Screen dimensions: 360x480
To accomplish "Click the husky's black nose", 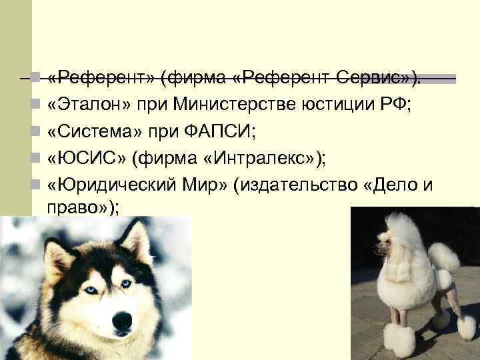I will click(123, 321).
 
